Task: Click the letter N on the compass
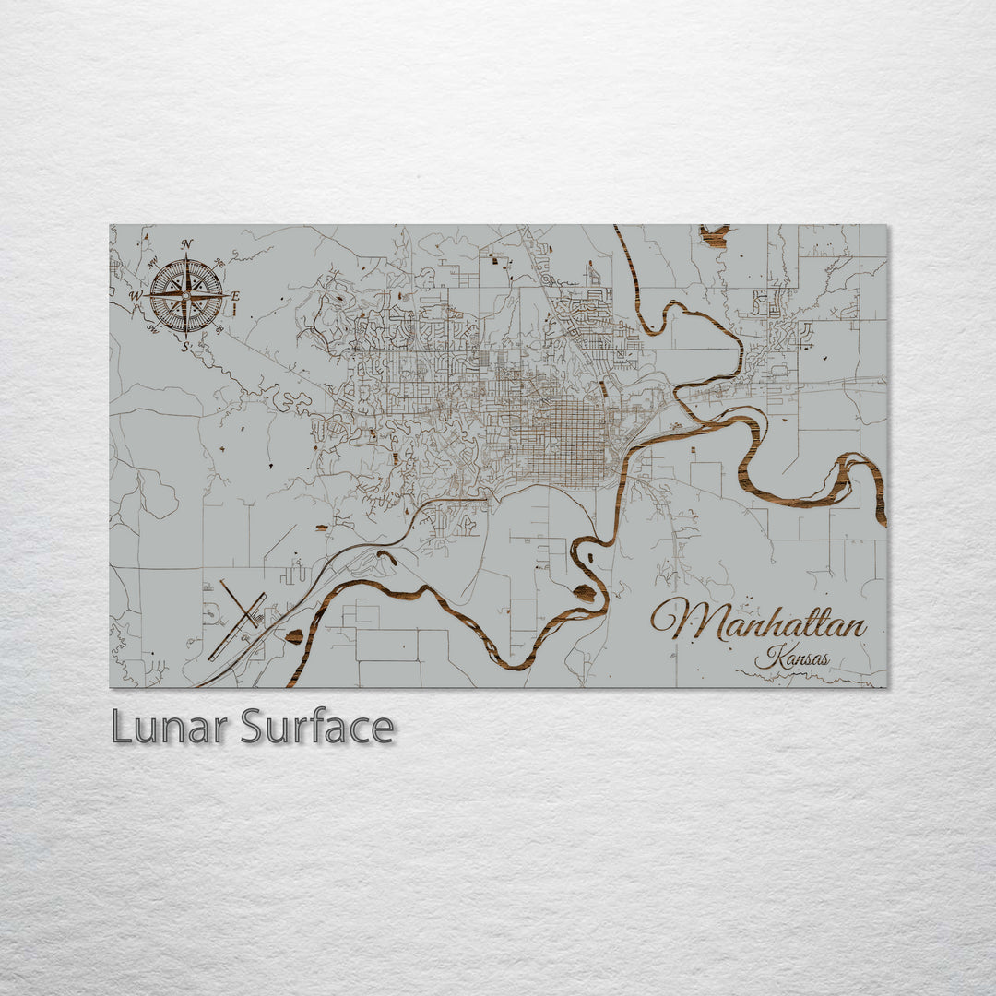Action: (187, 244)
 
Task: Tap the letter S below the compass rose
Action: (184, 347)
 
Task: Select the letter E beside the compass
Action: (234, 296)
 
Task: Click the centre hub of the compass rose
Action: (185, 295)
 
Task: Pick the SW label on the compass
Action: (153, 328)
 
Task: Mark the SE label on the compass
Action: (219, 328)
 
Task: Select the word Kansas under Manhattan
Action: (791, 659)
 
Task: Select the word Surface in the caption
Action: (317, 728)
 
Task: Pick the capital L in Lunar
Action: (120, 728)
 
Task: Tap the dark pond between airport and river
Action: (294, 636)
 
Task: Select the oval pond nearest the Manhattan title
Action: (585, 593)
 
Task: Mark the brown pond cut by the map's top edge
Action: (714, 236)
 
